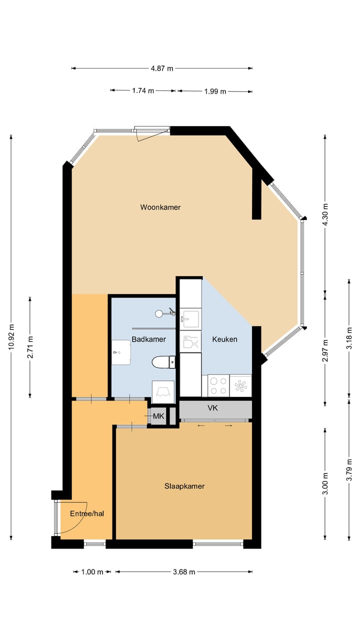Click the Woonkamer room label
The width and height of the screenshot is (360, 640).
(x=160, y=207)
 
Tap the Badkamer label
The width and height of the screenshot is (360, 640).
(x=148, y=339)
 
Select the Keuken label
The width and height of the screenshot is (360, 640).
(x=224, y=339)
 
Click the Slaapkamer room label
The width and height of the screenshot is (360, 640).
(x=184, y=486)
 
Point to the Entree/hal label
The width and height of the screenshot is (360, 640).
(x=86, y=513)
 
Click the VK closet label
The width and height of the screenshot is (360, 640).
(x=212, y=408)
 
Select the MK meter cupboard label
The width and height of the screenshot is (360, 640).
(x=158, y=416)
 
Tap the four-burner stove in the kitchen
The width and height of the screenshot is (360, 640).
(x=218, y=385)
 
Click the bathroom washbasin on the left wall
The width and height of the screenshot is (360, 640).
(x=120, y=353)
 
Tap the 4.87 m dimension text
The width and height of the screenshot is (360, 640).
(x=162, y=68)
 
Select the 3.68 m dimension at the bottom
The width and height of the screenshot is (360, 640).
(x=183, y=572)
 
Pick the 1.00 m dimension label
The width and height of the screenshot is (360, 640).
(x=92, y=572)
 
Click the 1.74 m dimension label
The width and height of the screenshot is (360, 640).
(x=143, y=90)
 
